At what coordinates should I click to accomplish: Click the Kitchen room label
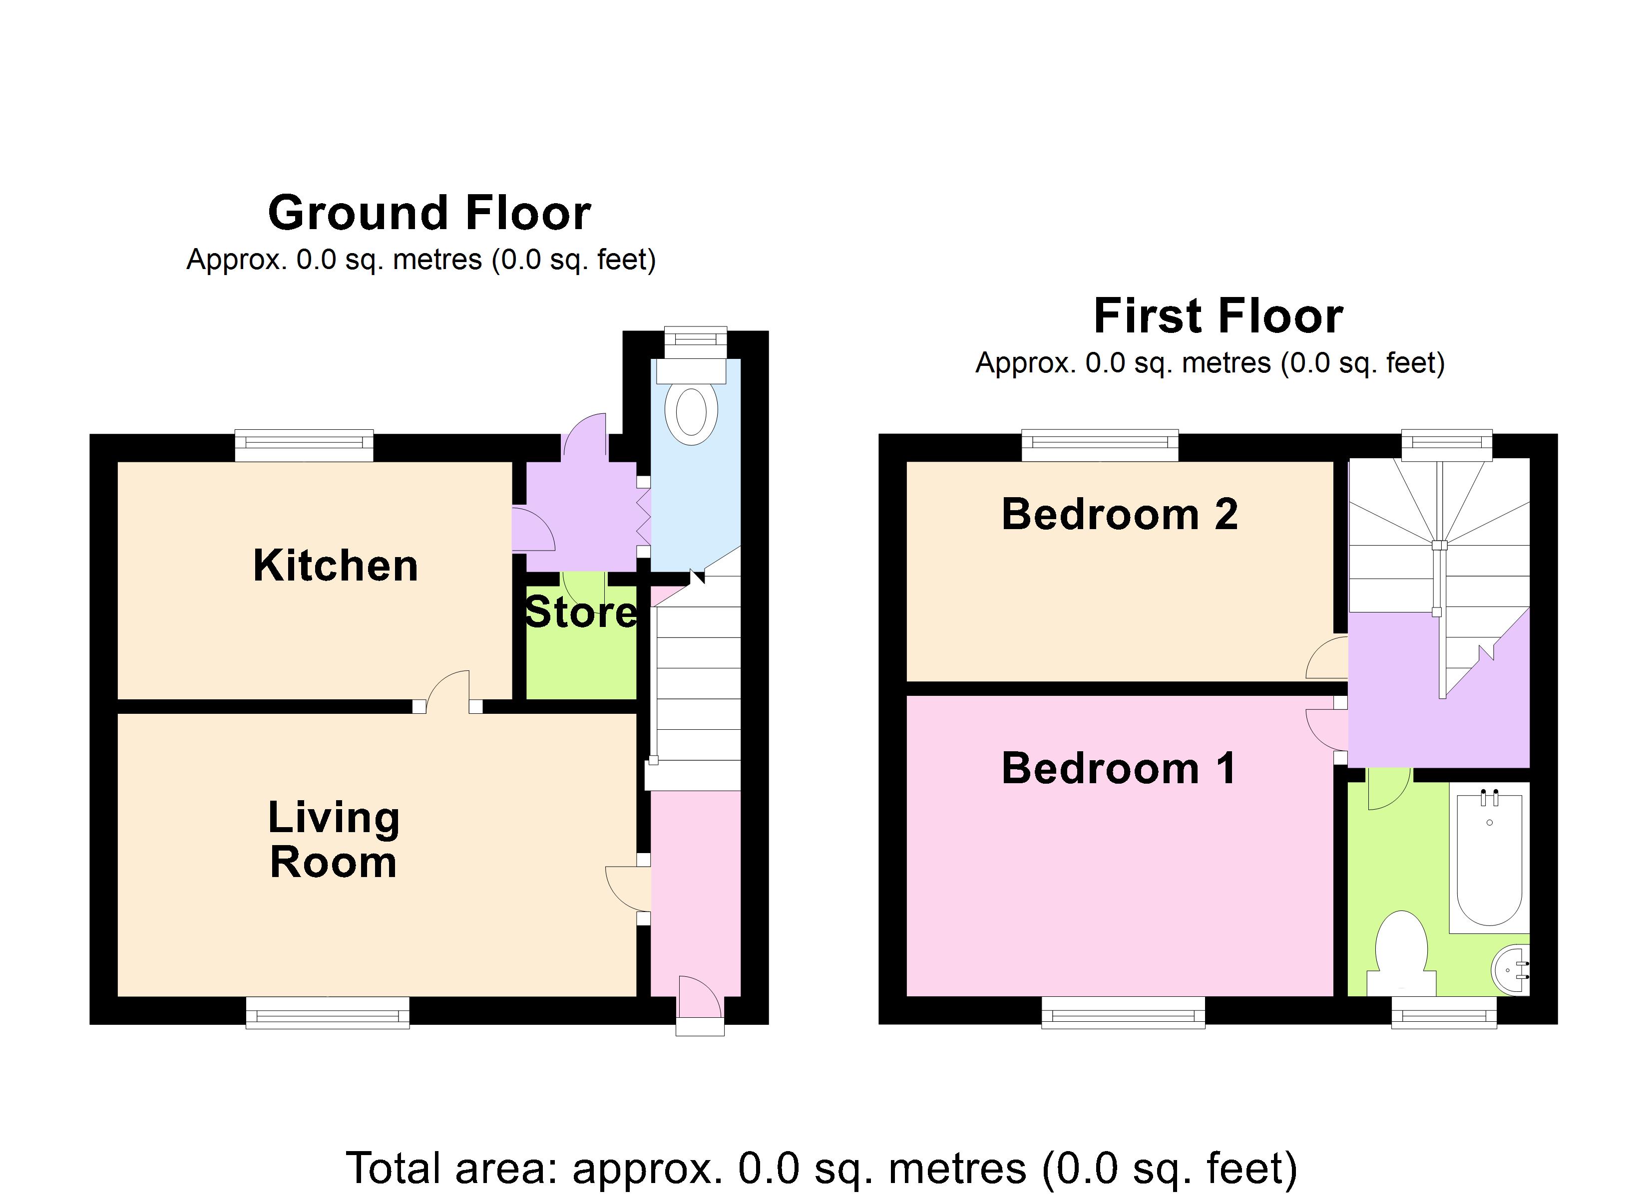tap(336, 566)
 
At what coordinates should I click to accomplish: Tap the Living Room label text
tap(334, 840)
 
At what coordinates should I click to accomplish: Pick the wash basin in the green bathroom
tap(1511, 970)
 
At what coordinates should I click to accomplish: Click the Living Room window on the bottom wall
tap(328, 1012)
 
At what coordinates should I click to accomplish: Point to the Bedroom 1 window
tap(1123, 1012)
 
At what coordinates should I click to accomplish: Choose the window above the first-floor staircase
tap(1447, 445)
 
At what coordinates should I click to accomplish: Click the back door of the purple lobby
tap(585, 434)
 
